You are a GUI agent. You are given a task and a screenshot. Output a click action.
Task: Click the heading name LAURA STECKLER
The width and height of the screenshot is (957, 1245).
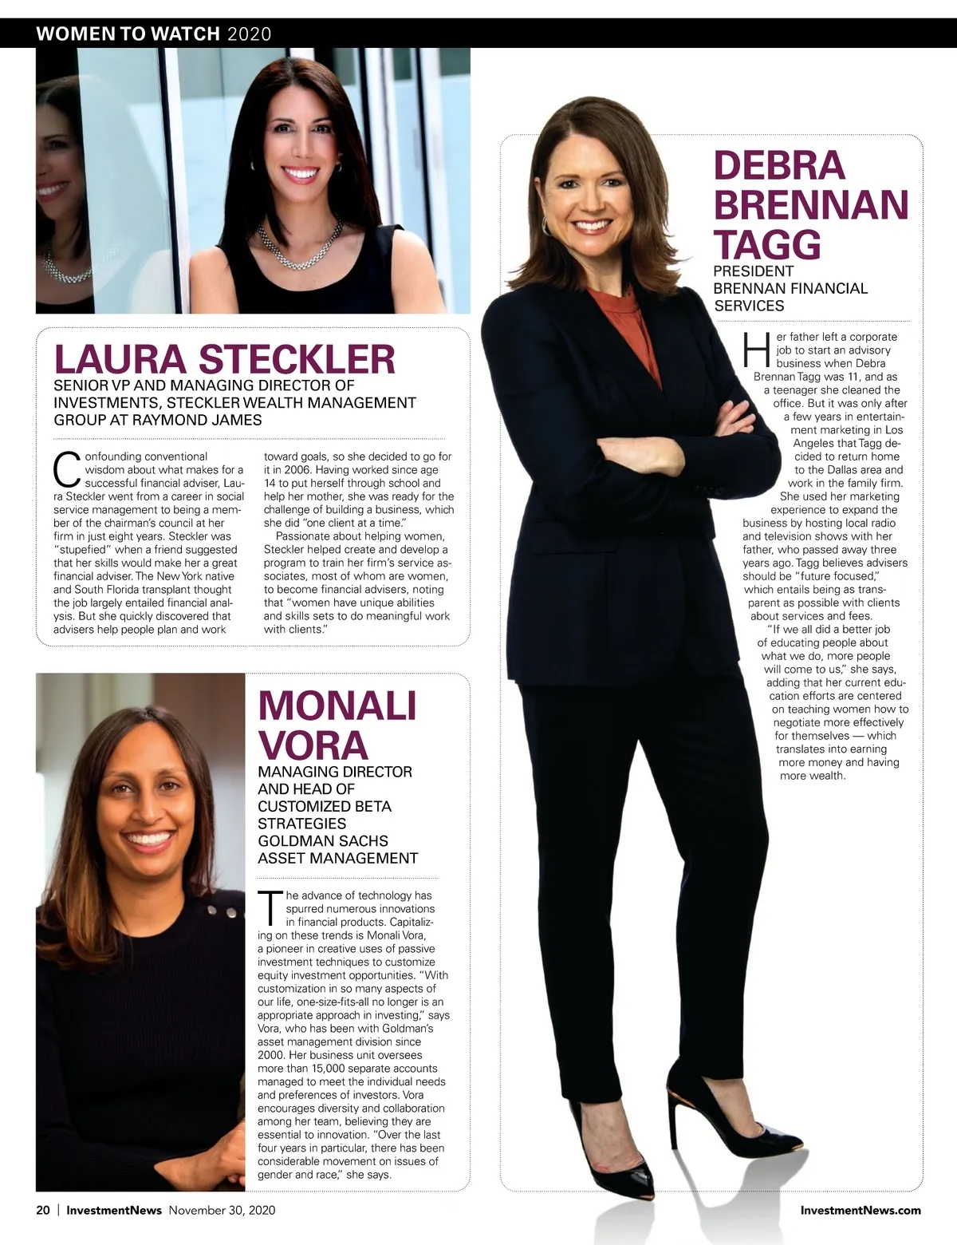(x=224, y=359)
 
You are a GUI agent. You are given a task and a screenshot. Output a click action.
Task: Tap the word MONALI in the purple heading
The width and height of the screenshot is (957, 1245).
(x=337, y=705)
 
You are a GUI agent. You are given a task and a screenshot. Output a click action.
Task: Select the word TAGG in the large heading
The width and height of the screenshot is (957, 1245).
(x=766, y=244)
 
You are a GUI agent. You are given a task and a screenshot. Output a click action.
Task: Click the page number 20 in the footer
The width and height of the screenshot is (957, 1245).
(x=43, y=1210)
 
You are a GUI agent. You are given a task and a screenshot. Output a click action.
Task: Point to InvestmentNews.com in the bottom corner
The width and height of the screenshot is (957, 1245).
(x=861, y=1210)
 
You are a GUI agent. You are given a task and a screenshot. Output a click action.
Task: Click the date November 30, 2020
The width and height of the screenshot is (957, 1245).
(x=222, y=1210)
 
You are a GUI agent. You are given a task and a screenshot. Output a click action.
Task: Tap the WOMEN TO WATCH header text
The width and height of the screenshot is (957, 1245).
(x=128, y=34)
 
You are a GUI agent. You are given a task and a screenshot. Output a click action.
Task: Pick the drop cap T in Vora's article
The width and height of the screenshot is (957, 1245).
(x=270, y=907)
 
